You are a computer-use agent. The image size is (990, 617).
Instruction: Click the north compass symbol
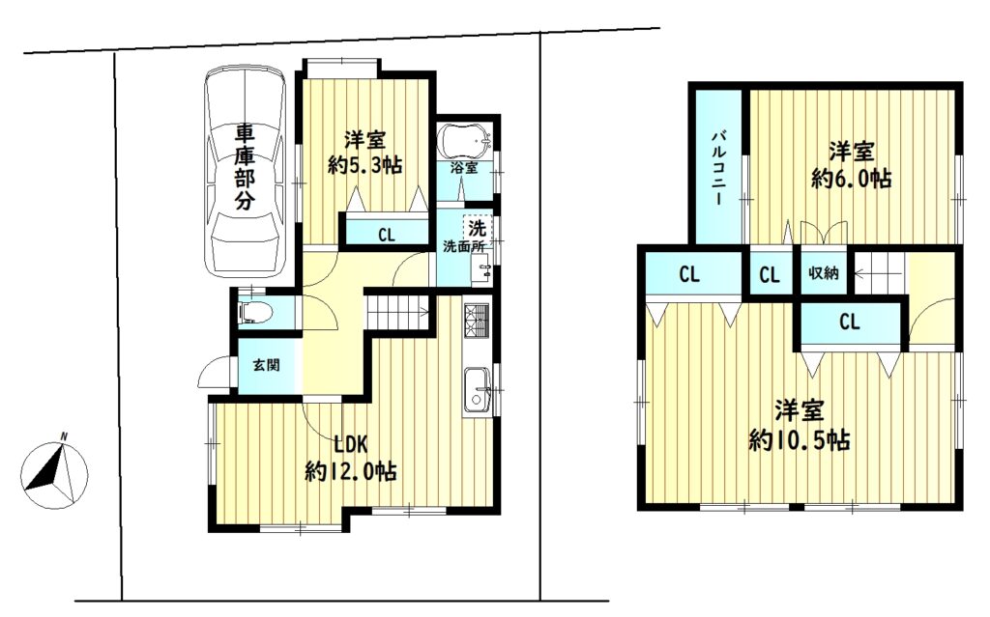coord(54,466)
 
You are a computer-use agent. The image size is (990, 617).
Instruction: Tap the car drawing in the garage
coord(245,173)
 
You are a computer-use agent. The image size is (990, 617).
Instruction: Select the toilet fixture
coord(255,312)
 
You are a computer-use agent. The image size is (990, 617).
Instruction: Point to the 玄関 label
coord(266,365)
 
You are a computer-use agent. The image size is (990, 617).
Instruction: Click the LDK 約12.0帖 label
coord(351,458)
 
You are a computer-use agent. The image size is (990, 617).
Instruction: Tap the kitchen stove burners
coord(477,322)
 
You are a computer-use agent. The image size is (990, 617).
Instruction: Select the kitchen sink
coord(478,391)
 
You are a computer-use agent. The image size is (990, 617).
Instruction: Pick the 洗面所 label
coord(463,246)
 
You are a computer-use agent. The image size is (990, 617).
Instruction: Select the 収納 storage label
coord(824,273)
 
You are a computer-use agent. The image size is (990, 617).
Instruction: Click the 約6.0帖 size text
coord(852,180)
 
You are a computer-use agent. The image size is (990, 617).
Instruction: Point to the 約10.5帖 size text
coord(800,439)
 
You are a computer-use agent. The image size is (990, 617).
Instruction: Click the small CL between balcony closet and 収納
coord(770,275)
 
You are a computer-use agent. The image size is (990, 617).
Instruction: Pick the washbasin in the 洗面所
coord(481,271)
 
